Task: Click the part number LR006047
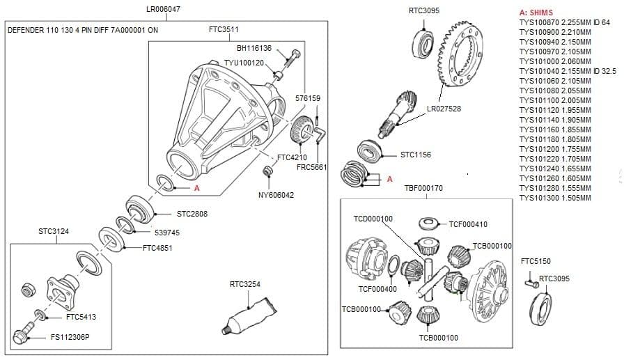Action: pos(163,10)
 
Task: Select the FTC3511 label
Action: pos(224,30)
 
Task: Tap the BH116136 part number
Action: pos(253,49)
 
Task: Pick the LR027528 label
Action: pos(444,109)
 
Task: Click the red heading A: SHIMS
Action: pos(536,13)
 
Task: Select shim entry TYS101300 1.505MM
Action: pos(555,198)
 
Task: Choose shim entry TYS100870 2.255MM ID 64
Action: pos(564,22)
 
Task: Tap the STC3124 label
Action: pos(54,230)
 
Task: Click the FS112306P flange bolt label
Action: pos(70,337)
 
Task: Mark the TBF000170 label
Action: pos(423,188)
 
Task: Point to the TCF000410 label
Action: pos(468,224)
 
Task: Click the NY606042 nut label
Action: pos(276,195)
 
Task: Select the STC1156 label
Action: pos(416,155)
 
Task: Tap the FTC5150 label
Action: pos(536,261)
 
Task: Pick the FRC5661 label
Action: pos(311,167)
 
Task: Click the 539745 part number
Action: pos(167,233)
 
